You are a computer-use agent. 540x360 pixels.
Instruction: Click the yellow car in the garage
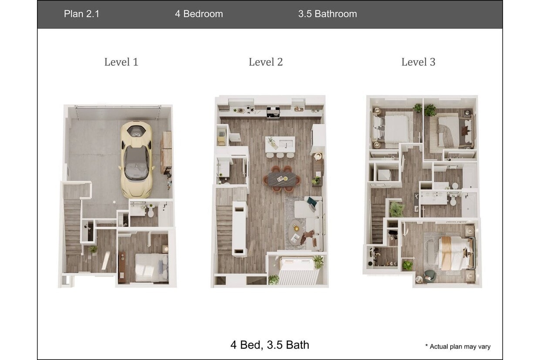pos(136,159)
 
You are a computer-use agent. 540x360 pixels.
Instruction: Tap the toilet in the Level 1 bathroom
pos(151,212)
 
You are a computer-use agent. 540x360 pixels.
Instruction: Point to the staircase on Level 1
pos(73,226)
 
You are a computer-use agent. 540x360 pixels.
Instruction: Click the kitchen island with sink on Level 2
pos(280,144)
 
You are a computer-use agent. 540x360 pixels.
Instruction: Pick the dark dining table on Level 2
pos(281,178)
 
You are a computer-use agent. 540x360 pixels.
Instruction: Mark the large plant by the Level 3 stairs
pos(397,209)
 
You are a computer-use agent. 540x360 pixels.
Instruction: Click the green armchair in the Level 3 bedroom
pos(430,275)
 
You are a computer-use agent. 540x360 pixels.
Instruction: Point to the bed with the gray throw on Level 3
pos(448,130)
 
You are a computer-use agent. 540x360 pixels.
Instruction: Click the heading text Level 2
pos(266,62)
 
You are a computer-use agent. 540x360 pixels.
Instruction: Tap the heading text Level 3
pos(418,62)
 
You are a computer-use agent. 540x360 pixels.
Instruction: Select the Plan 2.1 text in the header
pos(81,14)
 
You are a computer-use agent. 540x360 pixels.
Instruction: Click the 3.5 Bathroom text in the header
pos(327,14)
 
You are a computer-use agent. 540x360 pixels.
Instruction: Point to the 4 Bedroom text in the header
pos(199,14)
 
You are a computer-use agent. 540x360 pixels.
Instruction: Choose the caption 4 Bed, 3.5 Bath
pos(270,345)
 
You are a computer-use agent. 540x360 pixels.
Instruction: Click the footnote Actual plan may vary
pos(459,347)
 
